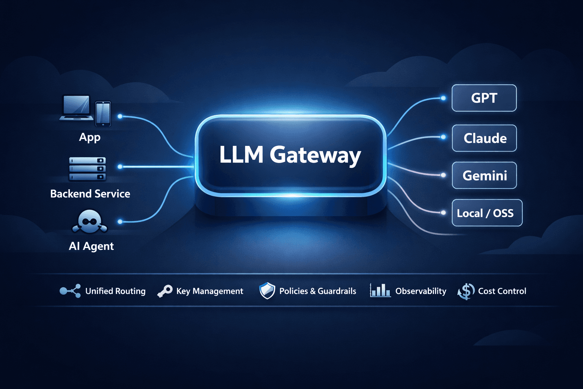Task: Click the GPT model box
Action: tap(484, 98)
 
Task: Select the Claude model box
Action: tap(484, 138)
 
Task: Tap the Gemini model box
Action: tap(484, 176)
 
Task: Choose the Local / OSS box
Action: tap(487, 213)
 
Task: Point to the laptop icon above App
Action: tap(76, 108)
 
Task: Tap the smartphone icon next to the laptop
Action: tap(103, 113)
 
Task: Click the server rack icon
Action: tap(87, 169)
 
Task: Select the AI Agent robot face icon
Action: tap(90, 221)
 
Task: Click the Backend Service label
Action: tap(90, 194)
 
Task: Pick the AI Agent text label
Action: tap(91, 246)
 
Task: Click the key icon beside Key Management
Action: tap(165, 291)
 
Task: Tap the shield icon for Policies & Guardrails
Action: tap(267, 291)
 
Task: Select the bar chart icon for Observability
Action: tap(380, 291)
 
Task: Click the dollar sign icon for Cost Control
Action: tap(466, 291)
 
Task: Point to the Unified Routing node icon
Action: tap(70, 291)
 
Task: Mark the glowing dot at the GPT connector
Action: tap(443, 98)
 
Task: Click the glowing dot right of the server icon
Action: tap(120, 167)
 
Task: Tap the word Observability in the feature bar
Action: tap(421, 291)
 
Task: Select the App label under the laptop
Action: tap(90, 137)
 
